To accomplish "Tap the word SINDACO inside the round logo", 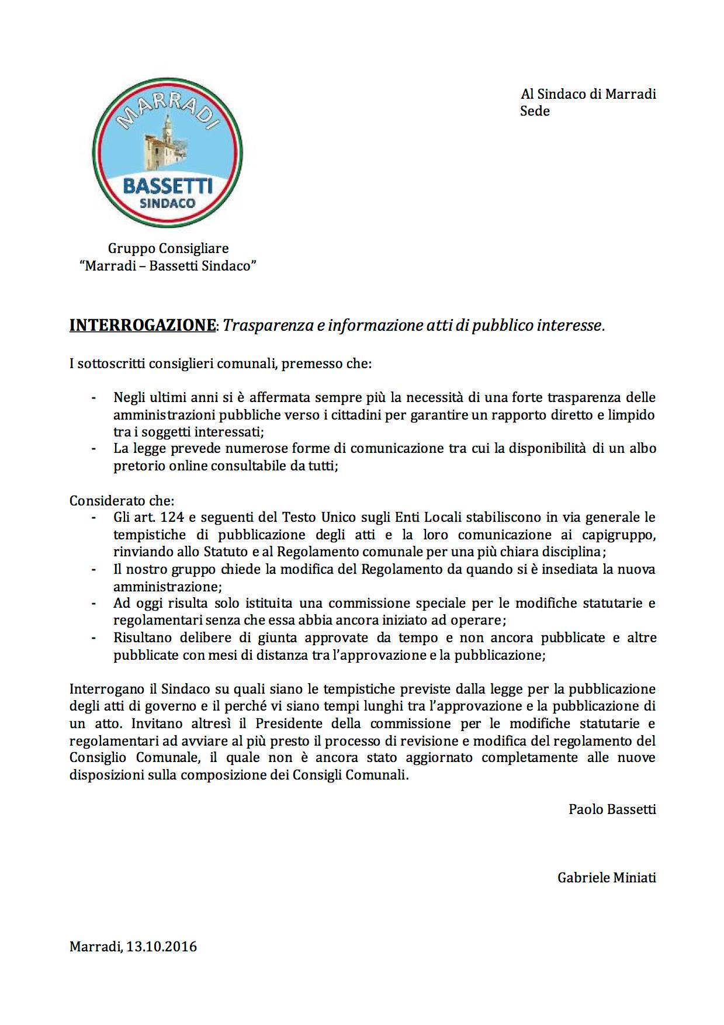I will point(168,203).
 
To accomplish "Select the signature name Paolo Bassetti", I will point(612,809).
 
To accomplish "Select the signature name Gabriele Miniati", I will point(607,877).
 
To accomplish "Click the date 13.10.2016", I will point(161,946).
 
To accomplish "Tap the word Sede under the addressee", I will point(535,111).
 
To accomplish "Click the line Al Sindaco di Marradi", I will point(588,94).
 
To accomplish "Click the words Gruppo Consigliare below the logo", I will point(168,249).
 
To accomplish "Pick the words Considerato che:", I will point(122,501).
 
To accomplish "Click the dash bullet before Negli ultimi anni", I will point(93,398).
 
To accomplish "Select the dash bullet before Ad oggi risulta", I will point(93,603).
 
